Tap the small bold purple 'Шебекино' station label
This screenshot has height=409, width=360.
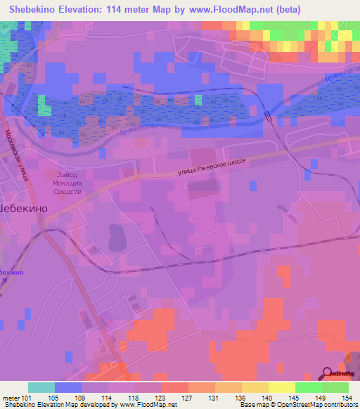[x=10, y=271]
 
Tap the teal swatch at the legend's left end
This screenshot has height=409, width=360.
[x=40, y=387]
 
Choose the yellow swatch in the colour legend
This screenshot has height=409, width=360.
[x=281, y=387]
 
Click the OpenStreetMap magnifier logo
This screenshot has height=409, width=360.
[x=329, y=373]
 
